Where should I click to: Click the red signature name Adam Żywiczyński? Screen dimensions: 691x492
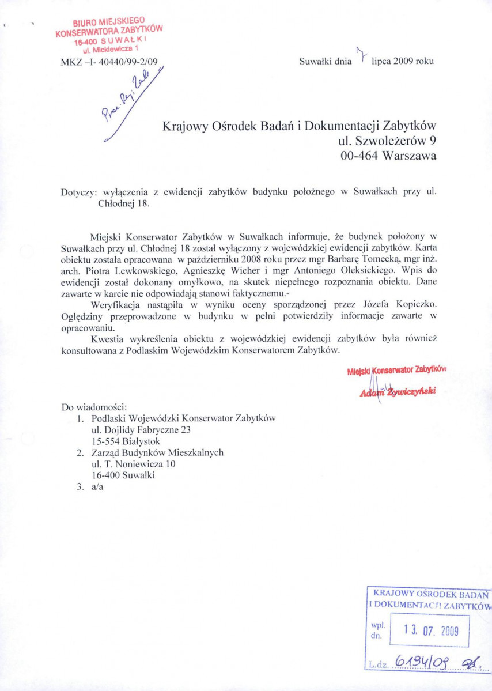point(398,391)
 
